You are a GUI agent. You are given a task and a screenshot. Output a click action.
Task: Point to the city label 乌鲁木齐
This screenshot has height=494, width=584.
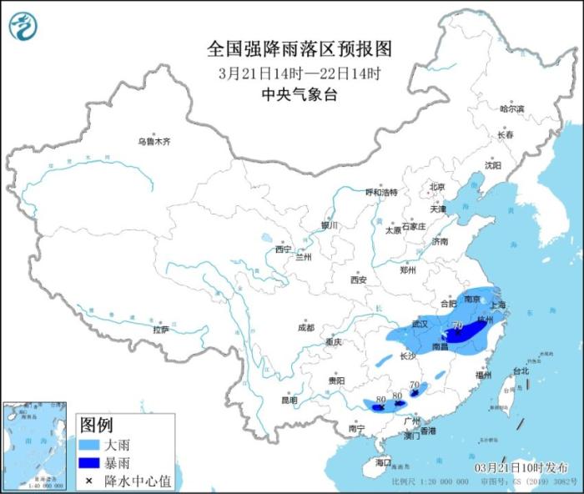click(154, 142)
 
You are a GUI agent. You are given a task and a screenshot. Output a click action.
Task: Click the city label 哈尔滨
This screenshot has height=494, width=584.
click(511, 109)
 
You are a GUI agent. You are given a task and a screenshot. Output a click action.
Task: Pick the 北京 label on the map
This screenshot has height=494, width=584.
click(438, 187)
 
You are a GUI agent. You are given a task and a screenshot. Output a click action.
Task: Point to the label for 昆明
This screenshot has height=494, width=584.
click(289, 400)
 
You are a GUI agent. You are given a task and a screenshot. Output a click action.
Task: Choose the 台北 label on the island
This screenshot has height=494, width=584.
click(521, 370)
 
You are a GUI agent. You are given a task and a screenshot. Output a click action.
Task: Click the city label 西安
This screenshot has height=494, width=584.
click(359, 280)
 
